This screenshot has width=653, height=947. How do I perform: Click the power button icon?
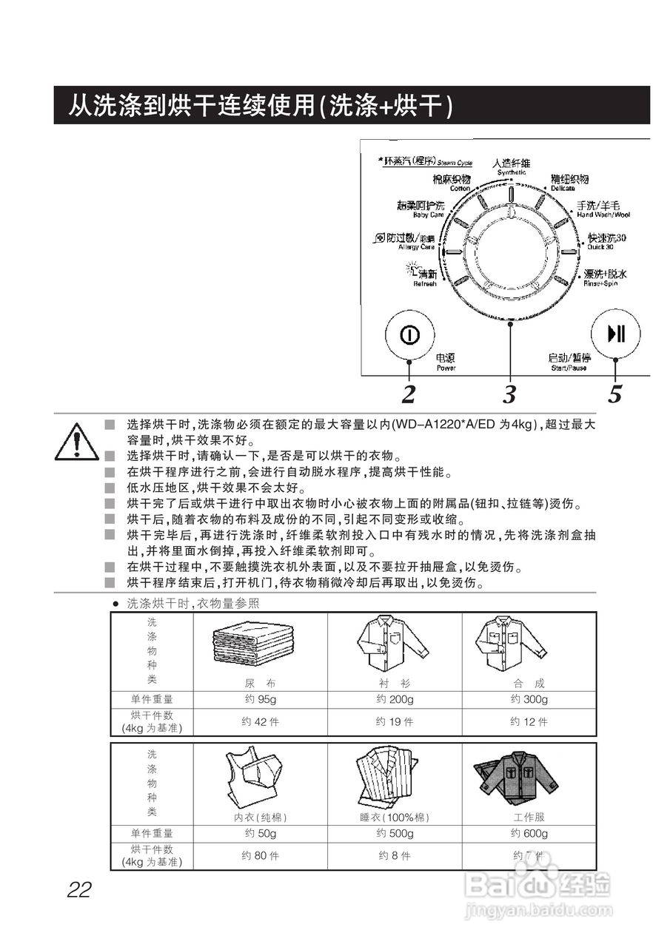click(409, 335)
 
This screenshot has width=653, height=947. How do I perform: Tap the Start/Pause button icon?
click(615, 334)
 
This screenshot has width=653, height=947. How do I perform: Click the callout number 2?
click(409, 394)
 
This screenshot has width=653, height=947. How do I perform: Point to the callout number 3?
click(509, 394)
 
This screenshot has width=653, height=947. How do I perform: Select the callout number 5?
click(615, 394)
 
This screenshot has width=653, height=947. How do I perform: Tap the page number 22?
click(78, 889)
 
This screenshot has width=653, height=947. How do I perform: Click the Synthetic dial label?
click(512, 166)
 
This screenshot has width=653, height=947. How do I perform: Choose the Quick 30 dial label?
click(606, 240)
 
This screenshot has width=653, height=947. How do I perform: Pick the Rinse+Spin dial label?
click(604, 277)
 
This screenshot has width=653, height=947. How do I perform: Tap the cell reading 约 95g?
click(260, 700)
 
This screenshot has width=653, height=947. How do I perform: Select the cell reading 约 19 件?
click(394, 722)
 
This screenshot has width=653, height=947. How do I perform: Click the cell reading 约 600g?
click(529, 834)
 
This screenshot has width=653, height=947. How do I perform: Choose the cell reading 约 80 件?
click(260, 856)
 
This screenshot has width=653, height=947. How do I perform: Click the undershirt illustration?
click(252, 781)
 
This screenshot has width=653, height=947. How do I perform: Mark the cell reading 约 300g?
click(529, 700)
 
